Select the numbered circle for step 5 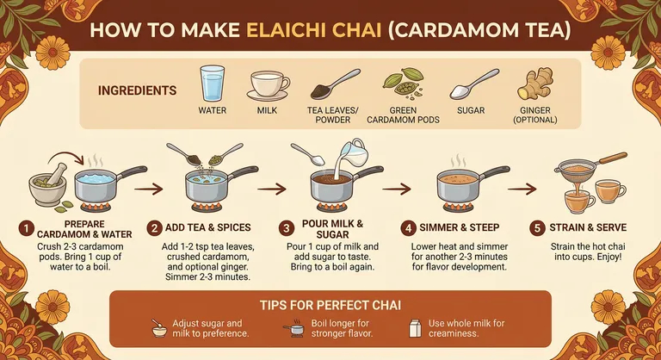pyautogui.click(x=538, y=228)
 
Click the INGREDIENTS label pyautogui.click(x=138, y=90)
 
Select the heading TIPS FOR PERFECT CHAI pyautogui.click(x=330, y=305)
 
